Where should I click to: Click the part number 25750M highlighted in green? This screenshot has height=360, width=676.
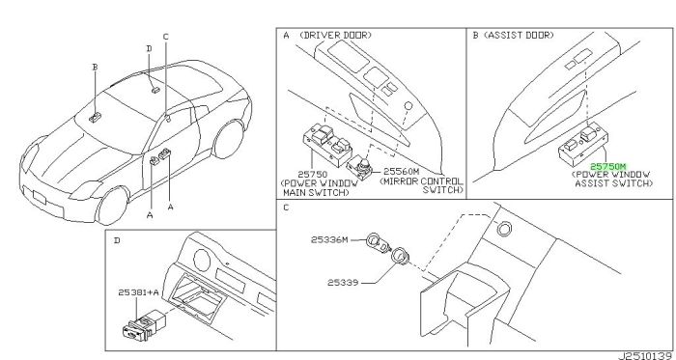point(607,167)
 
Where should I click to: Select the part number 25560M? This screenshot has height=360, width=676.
point(401,172)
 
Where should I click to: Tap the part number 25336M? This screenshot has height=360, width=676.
point(329,240)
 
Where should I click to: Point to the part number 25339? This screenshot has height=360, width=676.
point(343,283)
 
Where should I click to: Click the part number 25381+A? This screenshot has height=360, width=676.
point(138,292)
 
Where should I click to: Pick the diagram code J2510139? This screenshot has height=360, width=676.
point(645,356)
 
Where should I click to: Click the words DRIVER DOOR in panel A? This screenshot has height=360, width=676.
point(335,36)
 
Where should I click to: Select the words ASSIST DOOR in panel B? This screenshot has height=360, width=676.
point(519,36)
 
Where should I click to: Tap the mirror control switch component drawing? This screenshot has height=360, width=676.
point(360,168)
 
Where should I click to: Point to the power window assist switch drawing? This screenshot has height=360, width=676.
point(584,145)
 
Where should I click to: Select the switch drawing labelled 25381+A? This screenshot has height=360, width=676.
point(143,326)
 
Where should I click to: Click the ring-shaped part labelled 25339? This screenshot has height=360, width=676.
point(400,257)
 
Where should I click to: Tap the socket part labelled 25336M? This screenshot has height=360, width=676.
point(377,243)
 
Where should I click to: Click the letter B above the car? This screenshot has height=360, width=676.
point(95,67)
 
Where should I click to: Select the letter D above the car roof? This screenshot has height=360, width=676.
point(149,48)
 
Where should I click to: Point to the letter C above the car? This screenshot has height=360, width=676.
point(165,37)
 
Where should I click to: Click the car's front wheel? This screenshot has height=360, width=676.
point(112,205)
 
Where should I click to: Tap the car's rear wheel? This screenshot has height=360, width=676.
point(229,139)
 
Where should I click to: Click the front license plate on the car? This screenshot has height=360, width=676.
point(40,197)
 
